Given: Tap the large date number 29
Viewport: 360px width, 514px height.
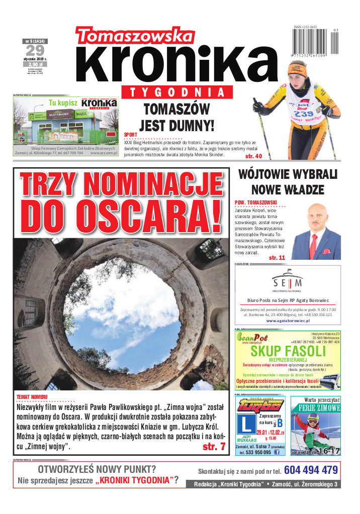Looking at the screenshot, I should point(35,50).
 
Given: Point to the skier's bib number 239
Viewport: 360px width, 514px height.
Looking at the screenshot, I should point(303,114).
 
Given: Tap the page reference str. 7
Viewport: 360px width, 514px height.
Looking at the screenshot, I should point(214,447).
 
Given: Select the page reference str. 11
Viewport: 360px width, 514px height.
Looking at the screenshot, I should point(277,258).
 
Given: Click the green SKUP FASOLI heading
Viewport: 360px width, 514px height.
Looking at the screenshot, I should point(288,351).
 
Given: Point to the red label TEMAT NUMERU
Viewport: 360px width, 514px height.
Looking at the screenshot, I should point(32,397).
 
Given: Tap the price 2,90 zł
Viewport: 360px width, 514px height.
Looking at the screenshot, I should point(35,64).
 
